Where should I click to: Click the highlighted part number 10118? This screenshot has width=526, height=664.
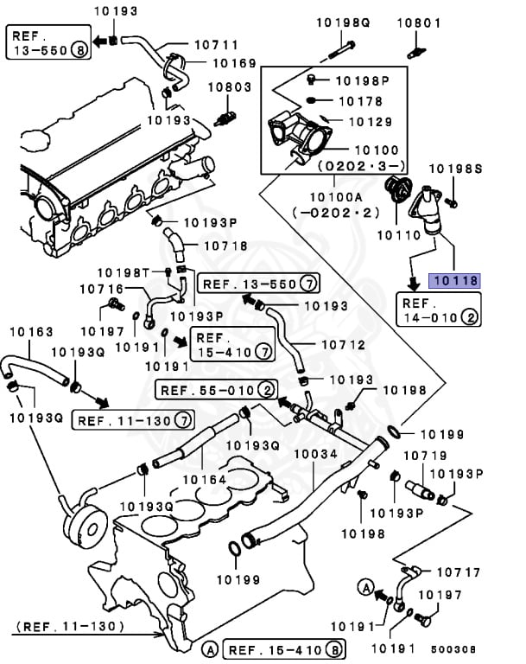click(x=454, y=281)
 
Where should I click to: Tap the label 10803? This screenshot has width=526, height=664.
click(x=230, y=87)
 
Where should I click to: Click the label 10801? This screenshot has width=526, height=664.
click(x=419, y=22)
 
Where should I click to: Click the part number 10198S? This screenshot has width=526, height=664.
click(x=455, y=169)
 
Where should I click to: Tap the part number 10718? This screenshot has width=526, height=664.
click(x=225, y=246)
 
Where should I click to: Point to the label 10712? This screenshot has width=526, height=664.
click(x=344, y=345)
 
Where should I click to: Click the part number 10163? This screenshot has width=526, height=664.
click(x=31, y=331)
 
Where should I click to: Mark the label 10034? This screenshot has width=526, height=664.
click(x=316, y=454)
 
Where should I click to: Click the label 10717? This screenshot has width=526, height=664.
click(x=459, y=572)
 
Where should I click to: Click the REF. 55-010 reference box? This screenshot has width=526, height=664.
click(x=217, y=391)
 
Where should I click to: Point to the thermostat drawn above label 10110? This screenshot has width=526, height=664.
click(x=398, y=190)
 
